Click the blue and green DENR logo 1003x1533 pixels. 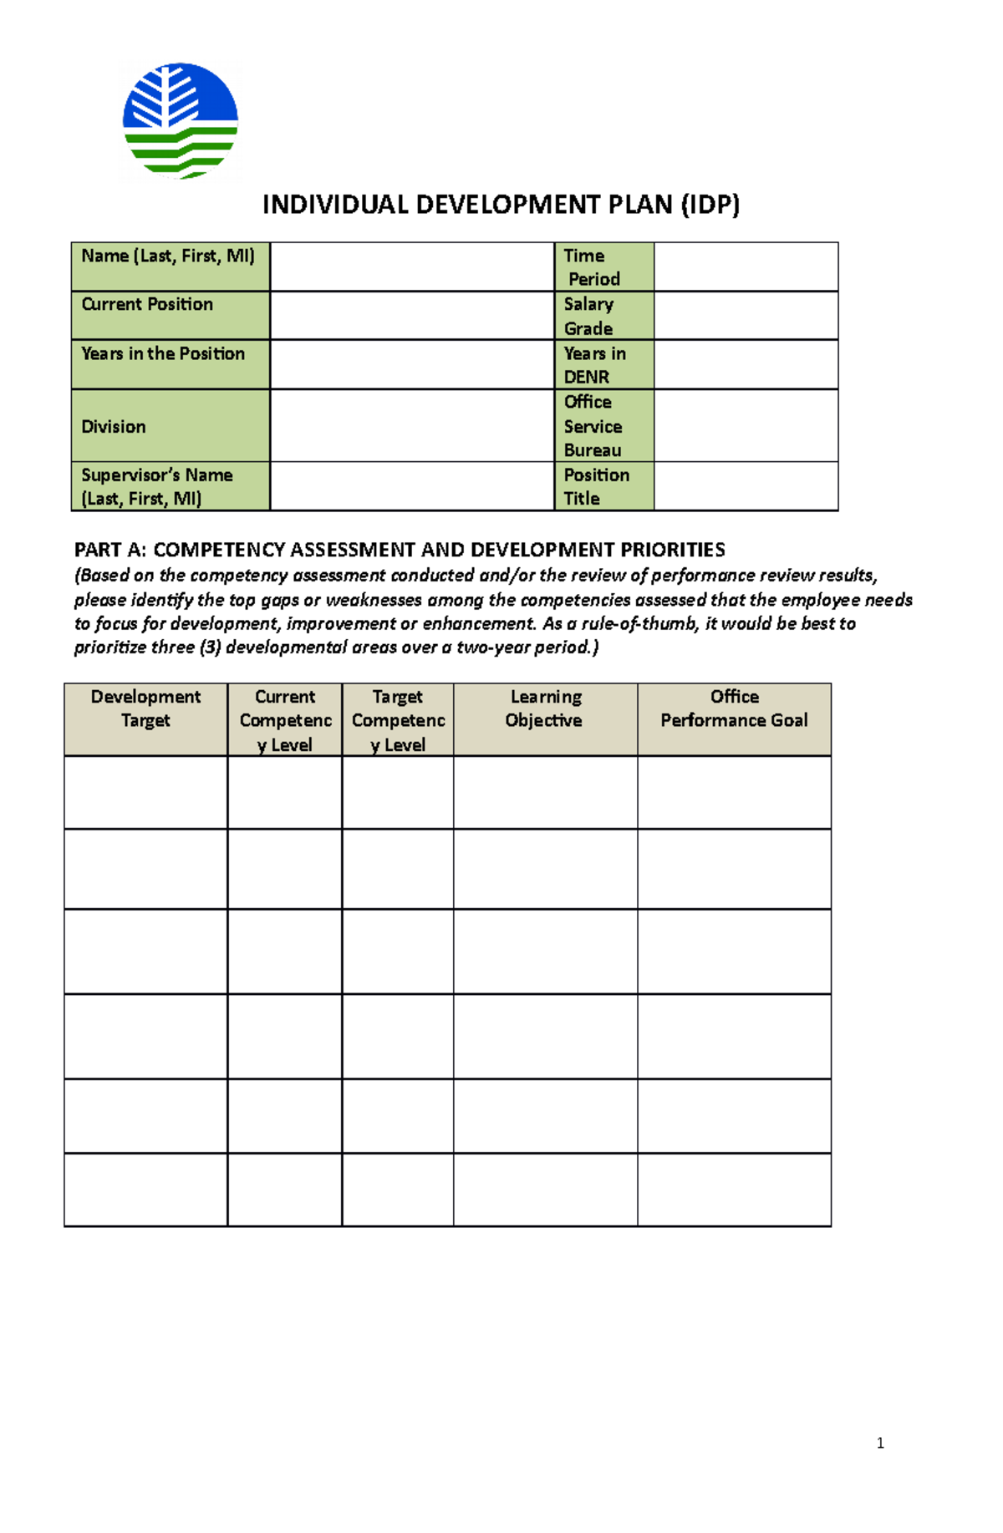click(181, 120)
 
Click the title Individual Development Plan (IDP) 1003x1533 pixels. click(501, 205)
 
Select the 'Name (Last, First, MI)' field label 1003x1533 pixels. click(168, 256)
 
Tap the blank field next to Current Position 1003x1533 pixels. click(412, 315)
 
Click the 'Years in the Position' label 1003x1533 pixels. click(163, 353)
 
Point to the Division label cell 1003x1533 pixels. click(114, 426)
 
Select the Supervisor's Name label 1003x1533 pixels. click(157, 486)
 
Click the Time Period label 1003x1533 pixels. click(592, 267)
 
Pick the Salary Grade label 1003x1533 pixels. click(588, 316)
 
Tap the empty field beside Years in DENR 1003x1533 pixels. click(746, 364)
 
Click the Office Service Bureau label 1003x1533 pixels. click(593, 426)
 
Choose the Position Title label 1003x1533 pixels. click(596, 486)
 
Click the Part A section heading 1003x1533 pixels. click(400, 550)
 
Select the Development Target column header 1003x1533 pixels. click(145, 708)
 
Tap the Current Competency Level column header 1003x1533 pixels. click(285, 720)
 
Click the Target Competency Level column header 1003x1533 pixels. click(398, 720)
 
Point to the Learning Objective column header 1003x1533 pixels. click(545, 708)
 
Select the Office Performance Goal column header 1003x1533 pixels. click(734, 708)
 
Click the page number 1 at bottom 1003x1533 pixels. click(880, 1443)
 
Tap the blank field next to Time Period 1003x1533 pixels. click(746, 267)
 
